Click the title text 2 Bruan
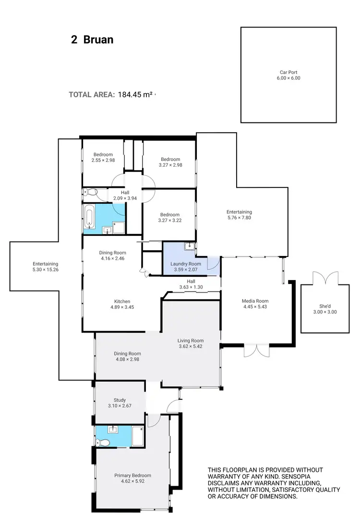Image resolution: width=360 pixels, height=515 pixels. click(x=92, y=40)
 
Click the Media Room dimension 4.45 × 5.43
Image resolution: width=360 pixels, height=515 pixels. click(x=255, y=307)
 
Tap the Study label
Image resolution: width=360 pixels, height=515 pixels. click(x=120, y=400)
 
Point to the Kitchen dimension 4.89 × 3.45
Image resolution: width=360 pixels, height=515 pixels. click(x=121, y=307)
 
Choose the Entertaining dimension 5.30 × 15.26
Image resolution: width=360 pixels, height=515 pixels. click(x=46, y=270)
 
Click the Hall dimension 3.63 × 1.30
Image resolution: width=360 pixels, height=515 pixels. click(x=191, y=287)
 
